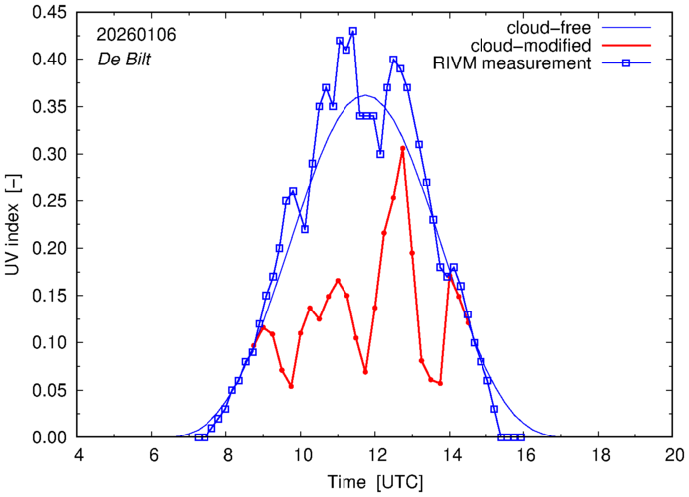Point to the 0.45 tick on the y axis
point(53,13)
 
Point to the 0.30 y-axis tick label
point(53,155)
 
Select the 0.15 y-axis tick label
point(53,296)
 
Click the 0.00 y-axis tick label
point(53,437)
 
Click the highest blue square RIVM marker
point(352,31)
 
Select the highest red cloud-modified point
point(402,148)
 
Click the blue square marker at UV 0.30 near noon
point(380,154)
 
